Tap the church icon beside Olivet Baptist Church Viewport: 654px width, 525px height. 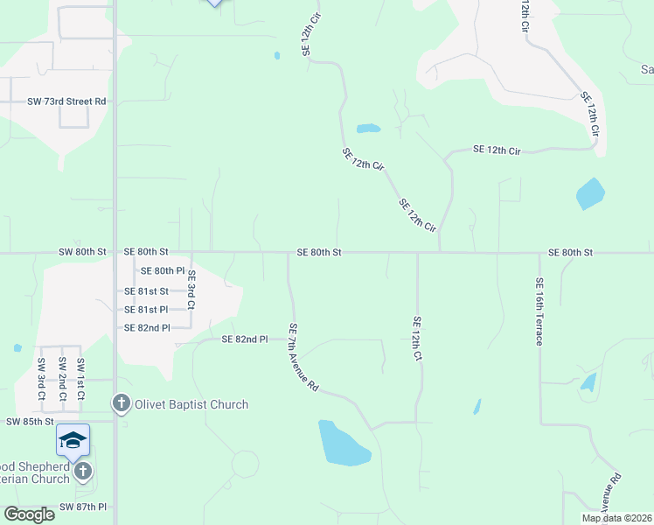coord(121,403)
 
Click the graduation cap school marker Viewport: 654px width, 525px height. coord(73,439)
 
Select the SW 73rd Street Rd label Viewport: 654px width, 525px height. coord(66,101)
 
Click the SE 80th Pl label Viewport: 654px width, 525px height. coord(163,271)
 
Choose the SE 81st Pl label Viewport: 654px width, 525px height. coord(145,310)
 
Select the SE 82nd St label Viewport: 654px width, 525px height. coord(146,328)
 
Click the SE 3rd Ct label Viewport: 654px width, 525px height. coord(191,290)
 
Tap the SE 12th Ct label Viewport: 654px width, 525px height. coord(418,339)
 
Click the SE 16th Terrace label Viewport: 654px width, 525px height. coord(539,311)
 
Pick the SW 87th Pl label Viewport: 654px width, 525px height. coord(83,507)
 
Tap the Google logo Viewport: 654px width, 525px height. coord(30,514)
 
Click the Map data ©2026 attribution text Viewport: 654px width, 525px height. coord(616,518)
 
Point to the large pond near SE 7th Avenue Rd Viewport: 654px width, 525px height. coord(344,443)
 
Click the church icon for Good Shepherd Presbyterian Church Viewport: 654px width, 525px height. coord(82,472)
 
